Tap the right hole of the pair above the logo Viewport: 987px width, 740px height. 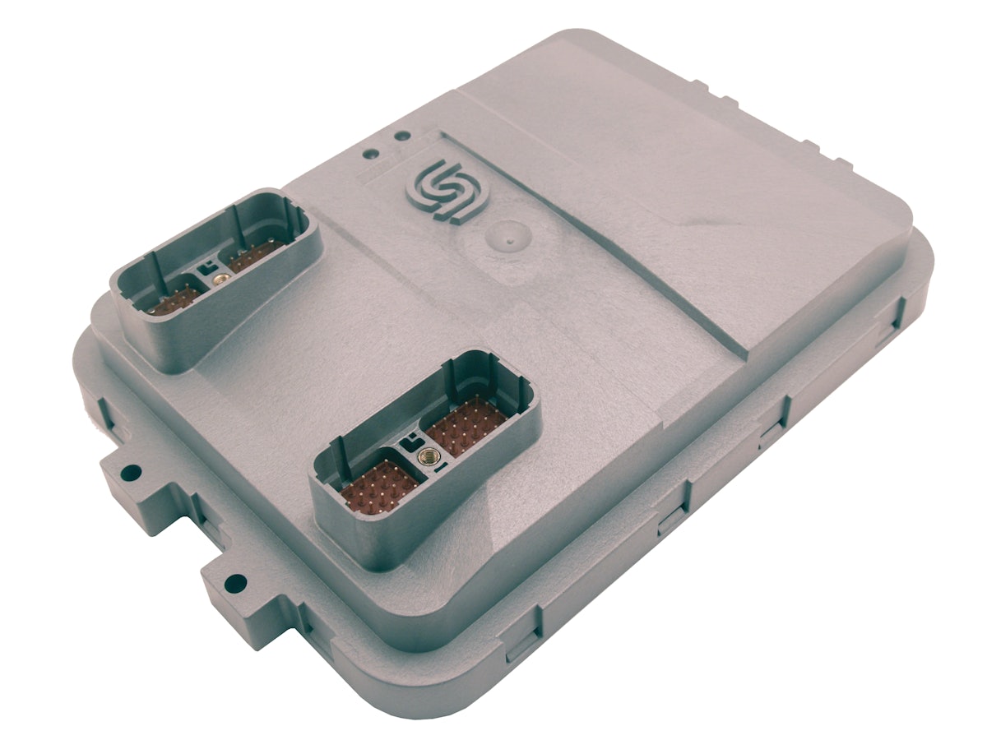[x=401, y=136]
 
